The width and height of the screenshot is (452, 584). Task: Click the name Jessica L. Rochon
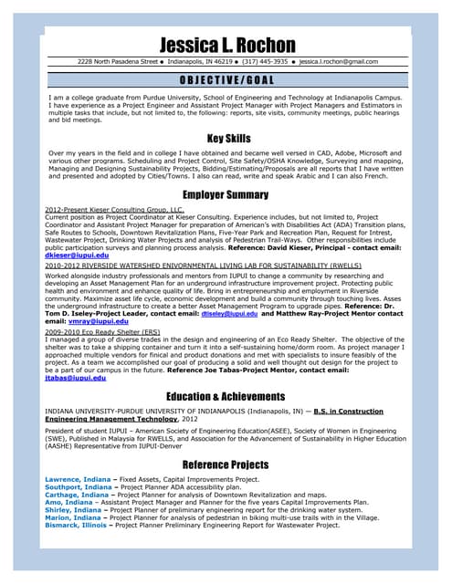[x=226, y=45]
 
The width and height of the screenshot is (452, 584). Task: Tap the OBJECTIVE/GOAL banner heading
[x=226, y=80]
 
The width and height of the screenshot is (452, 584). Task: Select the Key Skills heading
[x=226, y=139]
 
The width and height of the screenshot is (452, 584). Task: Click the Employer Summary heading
[x=226, y=195]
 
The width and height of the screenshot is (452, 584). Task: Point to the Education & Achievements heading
[x=226, y=397]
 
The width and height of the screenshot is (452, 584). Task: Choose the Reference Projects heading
[x=226, y=465]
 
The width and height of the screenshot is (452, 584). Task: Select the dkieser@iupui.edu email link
[x=77, y=255]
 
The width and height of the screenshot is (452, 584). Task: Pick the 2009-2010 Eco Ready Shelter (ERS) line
[x=102, y=332]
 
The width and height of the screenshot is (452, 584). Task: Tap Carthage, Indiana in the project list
[x=76, y=495]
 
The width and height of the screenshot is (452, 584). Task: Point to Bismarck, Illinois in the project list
[x=75, y=526]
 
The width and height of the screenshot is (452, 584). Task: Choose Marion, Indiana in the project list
[x=71, y=517]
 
